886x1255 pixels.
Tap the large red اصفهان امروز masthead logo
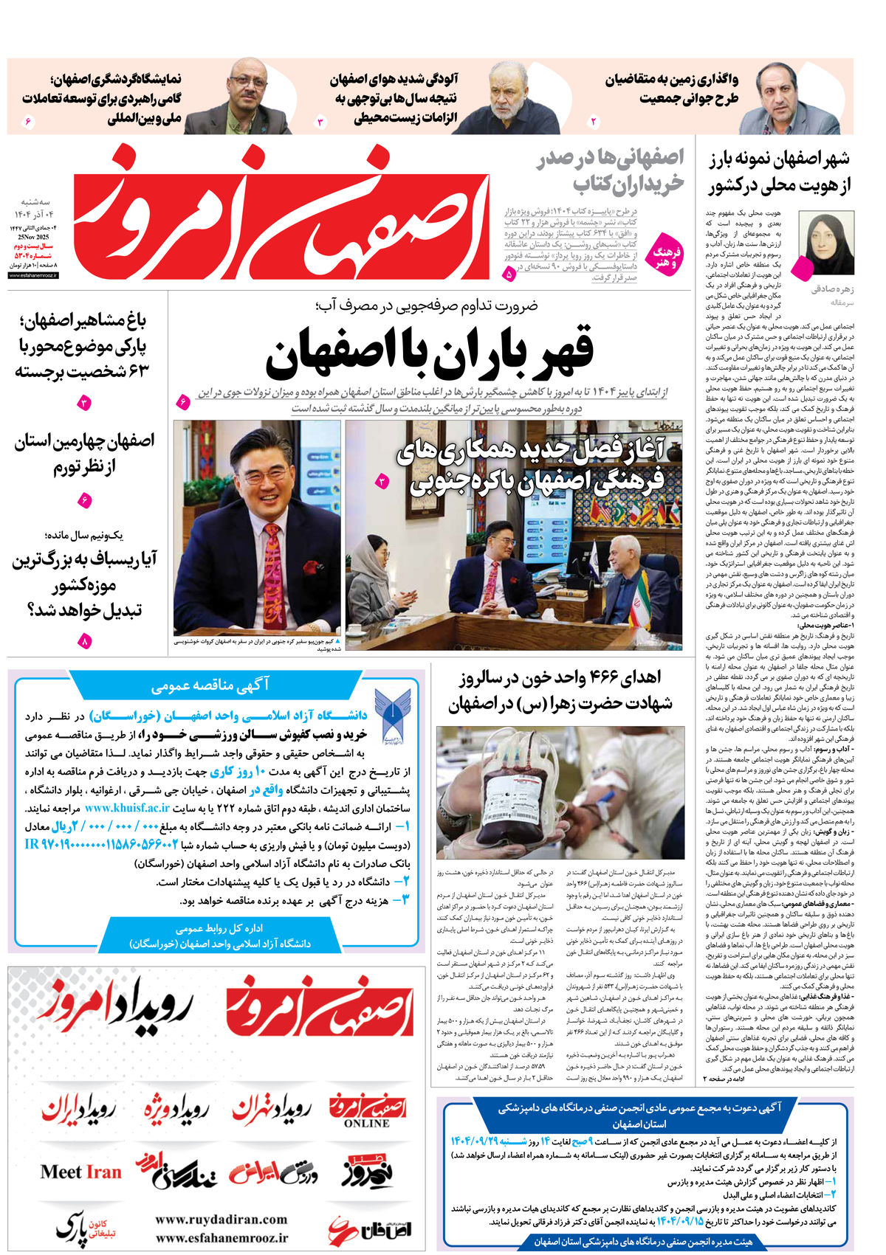tap(284, 214)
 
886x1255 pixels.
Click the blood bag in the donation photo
tap(510, 794)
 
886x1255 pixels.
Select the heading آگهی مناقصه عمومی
tap(210, 685)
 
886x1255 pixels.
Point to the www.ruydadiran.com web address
tap(221, 1219)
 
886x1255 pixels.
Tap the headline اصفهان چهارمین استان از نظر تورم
tap(83, 454)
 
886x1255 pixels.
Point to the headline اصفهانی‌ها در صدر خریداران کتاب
tap(609, 170)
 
